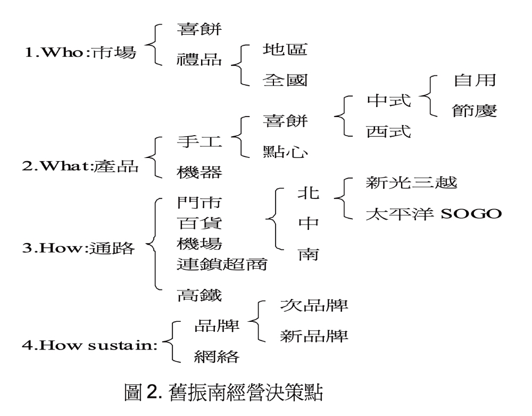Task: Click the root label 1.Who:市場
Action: coord(80,54)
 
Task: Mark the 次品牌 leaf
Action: coord(314,307)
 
